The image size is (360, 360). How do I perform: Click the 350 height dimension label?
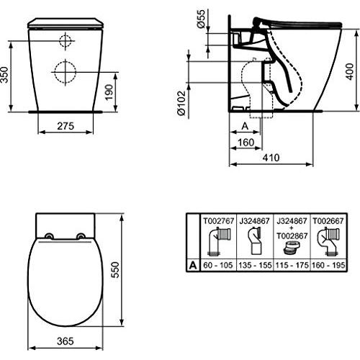[x=5, y=75]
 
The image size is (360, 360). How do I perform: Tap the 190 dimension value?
[x=109, y=92]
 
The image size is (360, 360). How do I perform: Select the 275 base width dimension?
[x=66, y=126]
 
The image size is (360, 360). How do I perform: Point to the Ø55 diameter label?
[x=201, y=19]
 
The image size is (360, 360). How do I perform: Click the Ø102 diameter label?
[x=181, y=103]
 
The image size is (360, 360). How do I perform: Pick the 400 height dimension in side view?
[x=349, y=71]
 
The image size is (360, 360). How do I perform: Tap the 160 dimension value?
[x=246, y=143]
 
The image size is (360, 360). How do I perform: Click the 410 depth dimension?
[x=271, y=158]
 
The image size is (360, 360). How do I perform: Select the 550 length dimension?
[x=115, y=270]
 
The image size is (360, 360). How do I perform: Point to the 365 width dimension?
[x=66, y=341]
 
